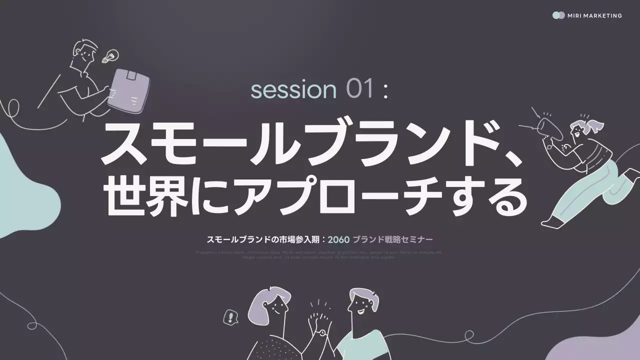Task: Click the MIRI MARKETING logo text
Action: click(x=594, y=15)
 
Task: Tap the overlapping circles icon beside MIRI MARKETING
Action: click(x=558, y=15)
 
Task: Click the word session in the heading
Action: click(x=293, y=90)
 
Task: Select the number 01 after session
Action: click(x=360, y=90)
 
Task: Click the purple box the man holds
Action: click(x=128, y=90)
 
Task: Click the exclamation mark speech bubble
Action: click(x=230, y=317)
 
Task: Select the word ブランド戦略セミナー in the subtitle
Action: click(x=392, y=239)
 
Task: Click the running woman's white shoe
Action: click(x=553, y=220)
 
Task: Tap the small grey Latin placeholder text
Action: click(x=319, y=254)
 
